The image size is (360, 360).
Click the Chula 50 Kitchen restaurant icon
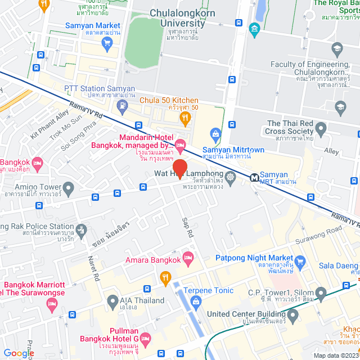coord(184,117)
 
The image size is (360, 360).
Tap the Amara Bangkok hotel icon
coord(188,258)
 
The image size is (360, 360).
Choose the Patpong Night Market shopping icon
coord(301,260)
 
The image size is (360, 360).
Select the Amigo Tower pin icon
coord(68,187)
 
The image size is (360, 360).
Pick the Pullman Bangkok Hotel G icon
coord(146,339)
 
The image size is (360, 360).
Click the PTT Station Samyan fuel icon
coord(120,105)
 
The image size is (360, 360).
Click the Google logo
coord(19,353)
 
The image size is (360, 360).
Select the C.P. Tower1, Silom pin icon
coord(321,292)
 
